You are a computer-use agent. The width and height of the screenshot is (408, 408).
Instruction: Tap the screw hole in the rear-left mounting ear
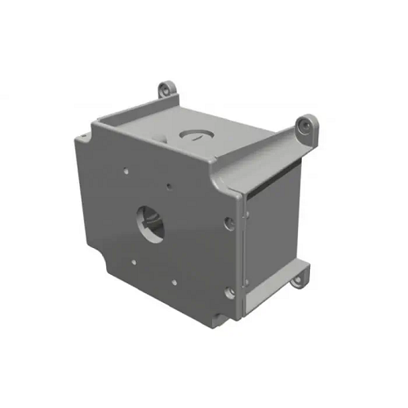click(x=167, y=86)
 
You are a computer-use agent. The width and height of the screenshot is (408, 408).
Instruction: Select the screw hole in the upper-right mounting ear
click(x=305, y=124)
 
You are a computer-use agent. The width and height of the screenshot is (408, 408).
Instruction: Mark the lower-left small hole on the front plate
click(x=133, y=263)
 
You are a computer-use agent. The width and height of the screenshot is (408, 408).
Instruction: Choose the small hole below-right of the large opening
click(x=173, y=282)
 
